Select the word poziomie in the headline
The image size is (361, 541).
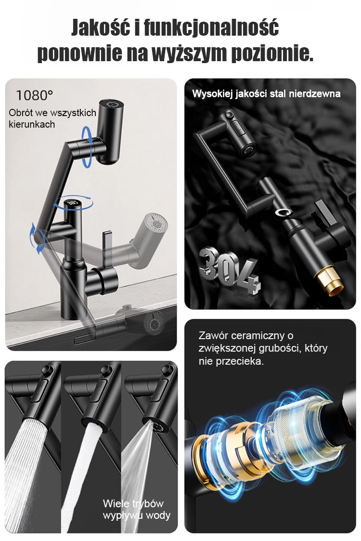272,53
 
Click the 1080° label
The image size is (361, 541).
35,95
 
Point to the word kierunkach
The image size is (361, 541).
32,124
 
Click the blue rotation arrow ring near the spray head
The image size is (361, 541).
87,146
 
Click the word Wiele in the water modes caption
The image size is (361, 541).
116,503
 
